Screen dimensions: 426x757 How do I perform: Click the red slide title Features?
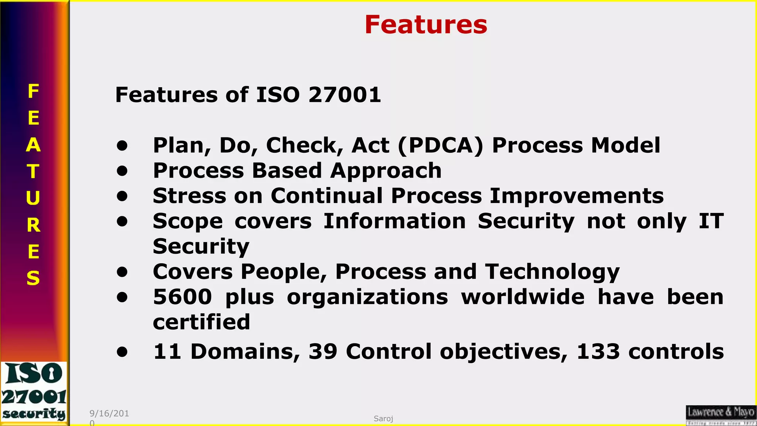426,25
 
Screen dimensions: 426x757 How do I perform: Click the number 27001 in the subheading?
344,95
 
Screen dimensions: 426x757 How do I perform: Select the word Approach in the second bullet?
386,171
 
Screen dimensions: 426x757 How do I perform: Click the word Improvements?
577,196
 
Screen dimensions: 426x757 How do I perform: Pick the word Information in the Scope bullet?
394,221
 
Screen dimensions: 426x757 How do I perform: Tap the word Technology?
552,272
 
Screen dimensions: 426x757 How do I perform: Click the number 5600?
183,297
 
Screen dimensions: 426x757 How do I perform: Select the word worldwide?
523,297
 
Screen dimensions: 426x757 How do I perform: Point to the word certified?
201,322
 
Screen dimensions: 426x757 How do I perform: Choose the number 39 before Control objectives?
323,351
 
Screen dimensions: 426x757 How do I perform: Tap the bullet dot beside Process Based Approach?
122,171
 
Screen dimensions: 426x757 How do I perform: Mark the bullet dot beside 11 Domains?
122,352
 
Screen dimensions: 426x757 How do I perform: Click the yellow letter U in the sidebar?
33,198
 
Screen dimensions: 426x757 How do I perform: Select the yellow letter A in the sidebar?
33,145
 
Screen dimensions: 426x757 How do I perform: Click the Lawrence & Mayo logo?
720,415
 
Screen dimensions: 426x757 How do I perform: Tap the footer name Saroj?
383,419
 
